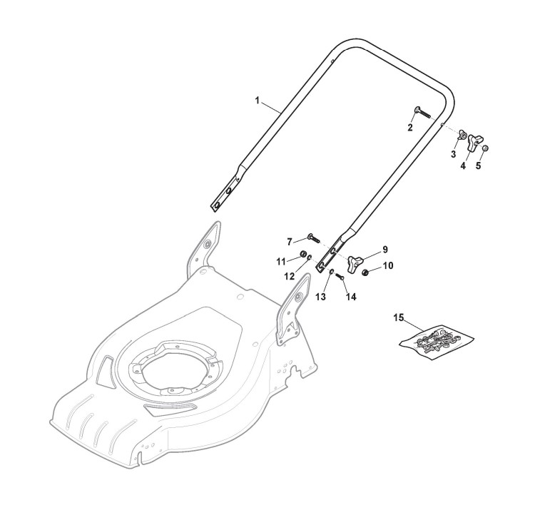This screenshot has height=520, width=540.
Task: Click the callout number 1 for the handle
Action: point(258,101)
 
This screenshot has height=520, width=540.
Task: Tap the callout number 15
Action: point(398,316)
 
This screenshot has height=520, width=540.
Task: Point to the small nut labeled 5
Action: point(484,148)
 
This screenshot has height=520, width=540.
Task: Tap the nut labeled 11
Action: point(302,255)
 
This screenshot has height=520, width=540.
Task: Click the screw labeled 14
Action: point(339,276)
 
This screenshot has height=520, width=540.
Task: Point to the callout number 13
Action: point(321,295)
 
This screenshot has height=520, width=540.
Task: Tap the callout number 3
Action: point(453,154)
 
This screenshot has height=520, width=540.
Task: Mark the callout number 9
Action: point(384,250)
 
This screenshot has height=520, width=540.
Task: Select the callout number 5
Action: point(479,165)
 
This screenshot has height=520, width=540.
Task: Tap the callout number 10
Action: point(388,266)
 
